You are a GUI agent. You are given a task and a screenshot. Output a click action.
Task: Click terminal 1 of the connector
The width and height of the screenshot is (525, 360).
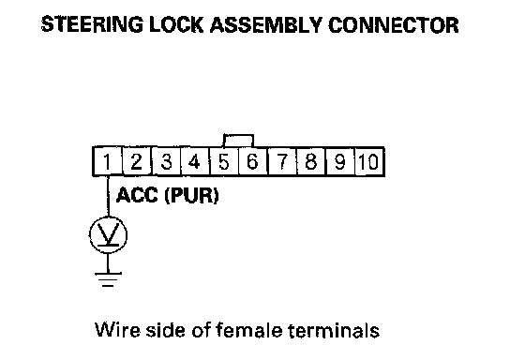[x=108, y=161]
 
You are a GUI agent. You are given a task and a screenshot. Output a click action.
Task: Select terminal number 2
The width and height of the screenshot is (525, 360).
[x=137, y=161]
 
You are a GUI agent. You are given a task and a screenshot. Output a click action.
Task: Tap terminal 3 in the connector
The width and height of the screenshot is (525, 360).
[x=167, y=161]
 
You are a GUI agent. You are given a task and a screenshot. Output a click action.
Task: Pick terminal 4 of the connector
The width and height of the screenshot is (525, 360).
[x=196, y=161]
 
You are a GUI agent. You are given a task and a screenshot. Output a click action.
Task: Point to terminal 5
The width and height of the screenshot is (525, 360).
[x=224, y=161]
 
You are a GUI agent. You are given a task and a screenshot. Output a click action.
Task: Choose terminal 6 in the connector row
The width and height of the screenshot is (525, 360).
[x=253, y=161]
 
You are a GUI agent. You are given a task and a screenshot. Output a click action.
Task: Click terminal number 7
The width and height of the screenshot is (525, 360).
[x=282, y=161]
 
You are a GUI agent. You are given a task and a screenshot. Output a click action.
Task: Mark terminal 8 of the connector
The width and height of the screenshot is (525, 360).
[x=311, y=161]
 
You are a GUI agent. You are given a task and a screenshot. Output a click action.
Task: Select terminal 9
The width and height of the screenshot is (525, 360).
[x=340, y=161]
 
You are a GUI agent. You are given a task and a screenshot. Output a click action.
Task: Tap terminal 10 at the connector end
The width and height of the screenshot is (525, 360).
[x=369, y=161]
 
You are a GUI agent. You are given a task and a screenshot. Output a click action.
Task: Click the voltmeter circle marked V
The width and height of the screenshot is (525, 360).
[x=108, y=234]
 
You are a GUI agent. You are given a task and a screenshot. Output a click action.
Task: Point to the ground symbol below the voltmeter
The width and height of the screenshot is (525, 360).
[x=108, y=279]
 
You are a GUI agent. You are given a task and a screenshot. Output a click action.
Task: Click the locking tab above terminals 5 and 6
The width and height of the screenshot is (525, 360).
[x=238, y=141]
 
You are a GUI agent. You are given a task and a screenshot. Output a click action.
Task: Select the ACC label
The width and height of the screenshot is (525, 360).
[x=137, y=195]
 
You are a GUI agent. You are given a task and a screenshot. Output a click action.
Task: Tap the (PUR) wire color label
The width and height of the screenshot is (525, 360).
[x=192, y=196]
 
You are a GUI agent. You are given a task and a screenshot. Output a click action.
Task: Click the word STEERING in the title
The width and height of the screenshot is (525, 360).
[x=92, y=24]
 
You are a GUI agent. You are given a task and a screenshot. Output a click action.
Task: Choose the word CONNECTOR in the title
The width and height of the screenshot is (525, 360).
[x=394, y=24]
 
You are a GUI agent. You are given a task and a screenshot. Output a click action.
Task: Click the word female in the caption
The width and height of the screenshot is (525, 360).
[x=248, y=330]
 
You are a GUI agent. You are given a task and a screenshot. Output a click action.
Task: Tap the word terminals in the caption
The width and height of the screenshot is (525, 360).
[x=334, y=330]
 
